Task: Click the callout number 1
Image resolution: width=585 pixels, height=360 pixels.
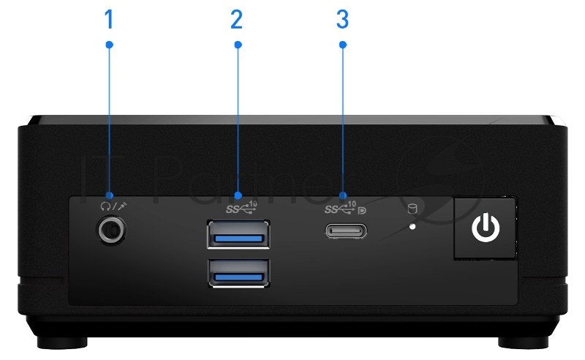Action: pyautogui.click(x=109, y=20)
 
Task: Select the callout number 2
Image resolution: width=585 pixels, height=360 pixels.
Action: pyautogui.click(x=236, y=20)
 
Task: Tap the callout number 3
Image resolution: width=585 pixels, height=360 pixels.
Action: pyautogui.click(x=342, y=20)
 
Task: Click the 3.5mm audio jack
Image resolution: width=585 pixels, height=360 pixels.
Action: pyautogui.click(x=110, y=230)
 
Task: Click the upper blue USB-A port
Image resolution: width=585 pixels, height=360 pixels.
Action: pyautogui.click(x=238, y=236)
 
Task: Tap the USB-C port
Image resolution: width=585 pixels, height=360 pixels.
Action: pyautogui.click(x=345, y=231)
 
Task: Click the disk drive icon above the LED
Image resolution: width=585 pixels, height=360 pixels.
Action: pyautogui.click(x=412, y=210)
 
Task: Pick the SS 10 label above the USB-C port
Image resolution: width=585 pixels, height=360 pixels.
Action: pyautogui.click(x=341, y=207)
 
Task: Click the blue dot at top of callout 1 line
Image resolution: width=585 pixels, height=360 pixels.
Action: pyautogui.click(x=110, y=45)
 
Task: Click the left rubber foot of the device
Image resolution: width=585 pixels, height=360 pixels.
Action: pyautogui.click(x=71, y=342)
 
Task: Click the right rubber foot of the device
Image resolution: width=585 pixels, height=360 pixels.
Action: pyautogui.click(x=517, y=342)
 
